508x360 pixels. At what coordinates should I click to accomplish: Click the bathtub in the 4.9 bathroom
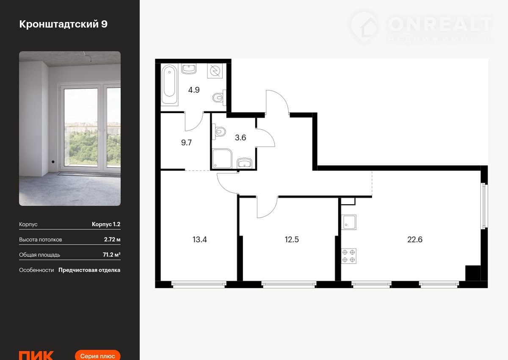click(x=169, y=85)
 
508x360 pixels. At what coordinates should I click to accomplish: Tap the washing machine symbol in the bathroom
click(x=215, y=71)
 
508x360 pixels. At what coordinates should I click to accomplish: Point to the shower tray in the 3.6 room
click(x=222, y=158)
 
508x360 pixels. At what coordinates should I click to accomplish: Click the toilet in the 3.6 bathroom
click(x=219, y=131)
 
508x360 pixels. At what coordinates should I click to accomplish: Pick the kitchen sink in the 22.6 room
click(x=348, y=222)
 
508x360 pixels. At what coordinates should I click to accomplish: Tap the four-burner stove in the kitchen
click(x=348, y=256)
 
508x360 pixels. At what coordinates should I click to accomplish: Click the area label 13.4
click(x=199, y=240)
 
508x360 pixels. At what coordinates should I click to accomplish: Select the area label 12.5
click(x=292, y=240)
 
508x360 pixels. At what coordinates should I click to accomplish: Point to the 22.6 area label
click(x=415, y=240)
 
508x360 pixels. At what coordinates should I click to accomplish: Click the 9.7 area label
click(x=186, y=142)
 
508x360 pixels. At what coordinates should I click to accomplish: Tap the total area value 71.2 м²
click(x=112, y=255)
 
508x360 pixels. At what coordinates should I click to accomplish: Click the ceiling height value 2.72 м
click(x=112, y=240)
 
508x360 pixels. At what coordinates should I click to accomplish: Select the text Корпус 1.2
click(x=106, y=224)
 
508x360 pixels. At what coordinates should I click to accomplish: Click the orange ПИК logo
click(x=36, y=355)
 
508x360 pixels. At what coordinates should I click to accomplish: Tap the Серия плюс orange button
click(x=97, y=355)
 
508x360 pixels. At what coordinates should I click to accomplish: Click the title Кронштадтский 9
click(x=63, y=24)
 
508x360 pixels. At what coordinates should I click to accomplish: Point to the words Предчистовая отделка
click(x=89, y=270)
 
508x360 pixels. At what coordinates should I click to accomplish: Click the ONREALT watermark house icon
click(x=365, y=28)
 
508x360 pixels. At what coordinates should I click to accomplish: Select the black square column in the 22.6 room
click(x=473, y=273)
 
